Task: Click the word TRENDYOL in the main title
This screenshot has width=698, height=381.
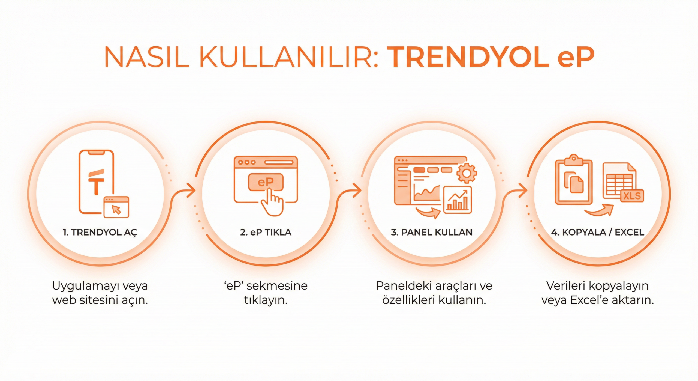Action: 468,58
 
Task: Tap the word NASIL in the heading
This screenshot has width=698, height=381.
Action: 146,58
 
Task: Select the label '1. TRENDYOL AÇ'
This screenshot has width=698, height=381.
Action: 100,233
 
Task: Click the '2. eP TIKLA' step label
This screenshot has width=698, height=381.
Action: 266,232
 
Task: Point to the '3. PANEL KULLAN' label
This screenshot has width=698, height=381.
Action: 432,232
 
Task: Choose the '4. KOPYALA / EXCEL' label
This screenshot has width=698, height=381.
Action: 598,232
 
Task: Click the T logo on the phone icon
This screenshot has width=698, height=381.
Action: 96,182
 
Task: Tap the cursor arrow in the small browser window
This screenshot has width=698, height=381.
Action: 117,210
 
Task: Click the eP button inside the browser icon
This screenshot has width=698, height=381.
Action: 266,182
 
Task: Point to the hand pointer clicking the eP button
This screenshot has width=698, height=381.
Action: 272,203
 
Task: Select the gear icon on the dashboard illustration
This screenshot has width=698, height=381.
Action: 467,173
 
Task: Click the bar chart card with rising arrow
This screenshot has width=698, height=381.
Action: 458,200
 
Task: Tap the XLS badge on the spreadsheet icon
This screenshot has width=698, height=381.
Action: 632,196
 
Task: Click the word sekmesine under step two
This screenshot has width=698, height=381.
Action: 277,286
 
